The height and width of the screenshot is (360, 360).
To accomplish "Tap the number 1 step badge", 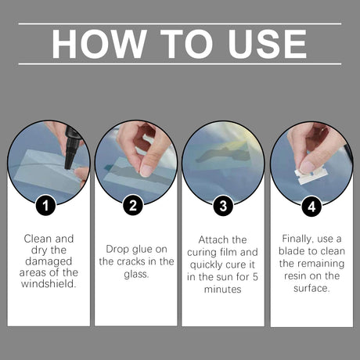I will point(46,207).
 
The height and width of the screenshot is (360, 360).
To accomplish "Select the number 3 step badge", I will point(223,207).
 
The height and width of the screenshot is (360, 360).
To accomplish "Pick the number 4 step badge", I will point(311,207).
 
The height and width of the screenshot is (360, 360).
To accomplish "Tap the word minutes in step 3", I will point(223,289).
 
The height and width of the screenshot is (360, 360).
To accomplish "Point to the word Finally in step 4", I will point(297,237).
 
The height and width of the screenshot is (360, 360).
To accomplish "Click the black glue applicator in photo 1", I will point(73,145).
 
